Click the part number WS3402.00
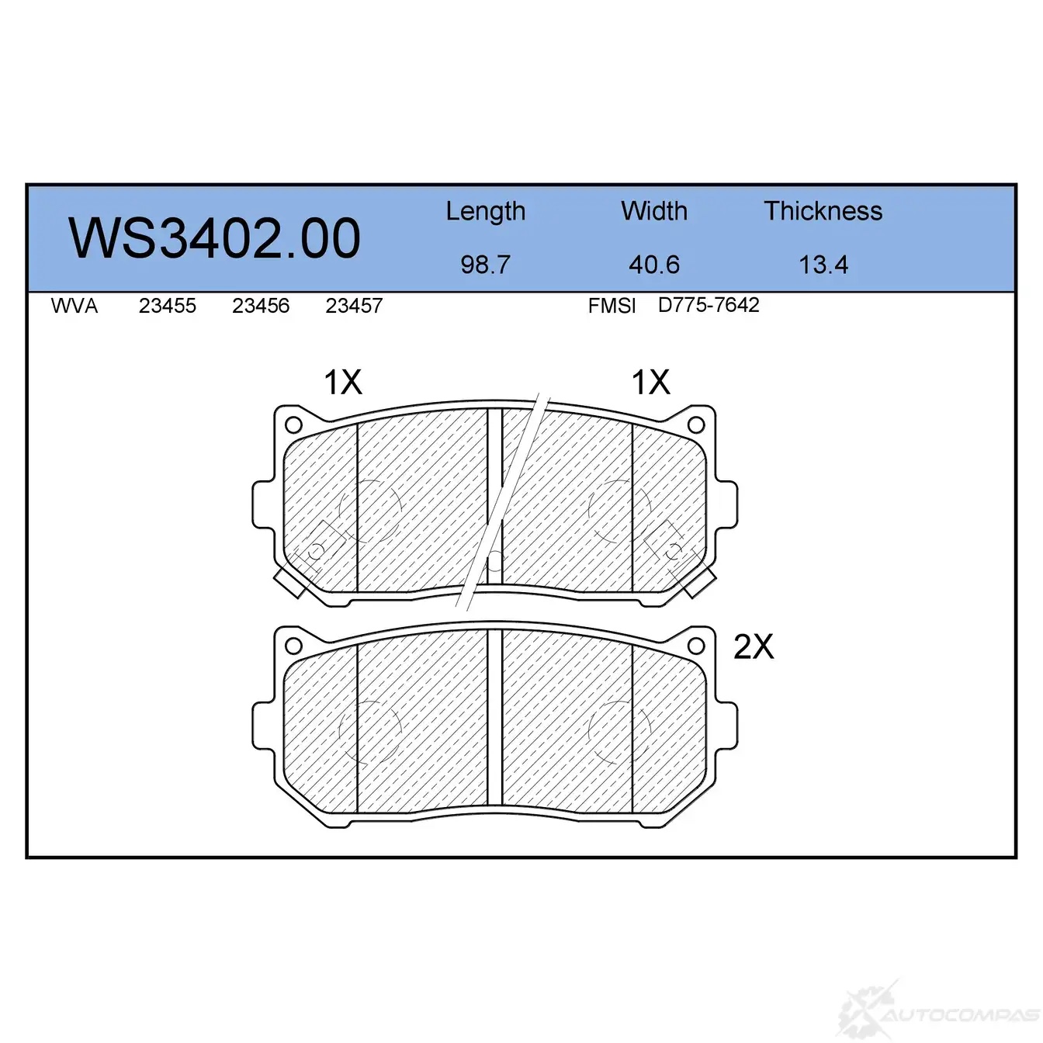point(214,238)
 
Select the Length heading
point(486,212)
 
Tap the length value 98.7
point(486,265)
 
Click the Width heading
point(654,210)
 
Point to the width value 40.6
point(654,265)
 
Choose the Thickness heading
point(823,210)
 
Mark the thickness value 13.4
point(823,265)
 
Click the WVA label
point(74,306)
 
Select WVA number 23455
point(168,306)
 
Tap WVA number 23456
point(261,306)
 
